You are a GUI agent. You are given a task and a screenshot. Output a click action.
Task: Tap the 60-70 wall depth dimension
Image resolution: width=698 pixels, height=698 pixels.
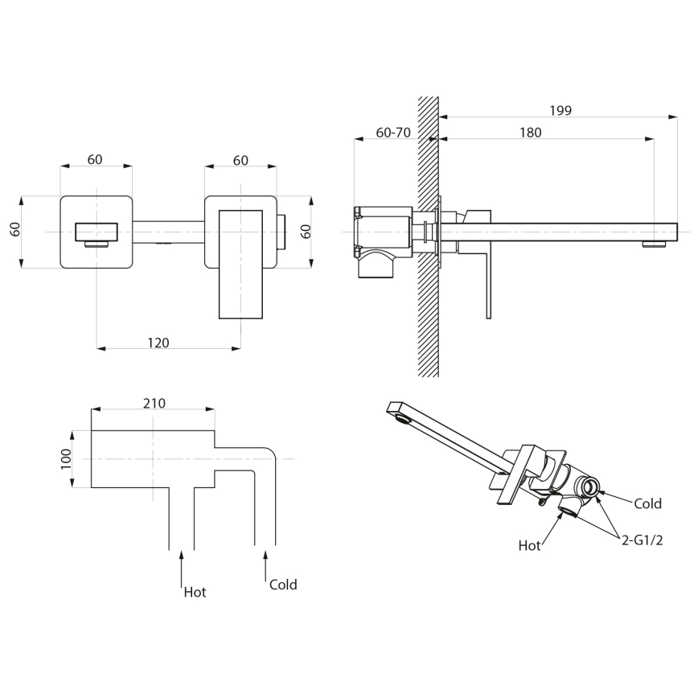(x=393, y=133)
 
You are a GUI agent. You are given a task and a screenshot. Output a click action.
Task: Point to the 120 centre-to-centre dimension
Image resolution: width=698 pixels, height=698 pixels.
(x=158, y=343)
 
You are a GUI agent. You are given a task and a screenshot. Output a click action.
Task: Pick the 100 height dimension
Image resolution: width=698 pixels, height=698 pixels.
(x=67, y=458)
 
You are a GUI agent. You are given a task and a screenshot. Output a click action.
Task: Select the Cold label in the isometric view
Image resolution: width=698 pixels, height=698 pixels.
(x=647, y=503)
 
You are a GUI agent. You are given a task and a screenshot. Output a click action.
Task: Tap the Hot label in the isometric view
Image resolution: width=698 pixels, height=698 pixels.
(x=529, y=545)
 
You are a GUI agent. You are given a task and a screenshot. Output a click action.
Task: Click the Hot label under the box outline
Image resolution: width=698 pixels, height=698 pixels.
(x=195, y=592)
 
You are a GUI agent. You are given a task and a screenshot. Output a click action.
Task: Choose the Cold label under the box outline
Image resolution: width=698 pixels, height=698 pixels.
(x=283, y=585)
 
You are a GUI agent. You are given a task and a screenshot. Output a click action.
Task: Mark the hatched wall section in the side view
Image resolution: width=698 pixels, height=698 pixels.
(x=428, y=322)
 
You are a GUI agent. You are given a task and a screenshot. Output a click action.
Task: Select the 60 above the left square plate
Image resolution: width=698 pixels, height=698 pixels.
(x=95, y=159)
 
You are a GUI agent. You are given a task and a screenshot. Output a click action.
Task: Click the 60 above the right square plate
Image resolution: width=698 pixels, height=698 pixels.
(x=240, y=160)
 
